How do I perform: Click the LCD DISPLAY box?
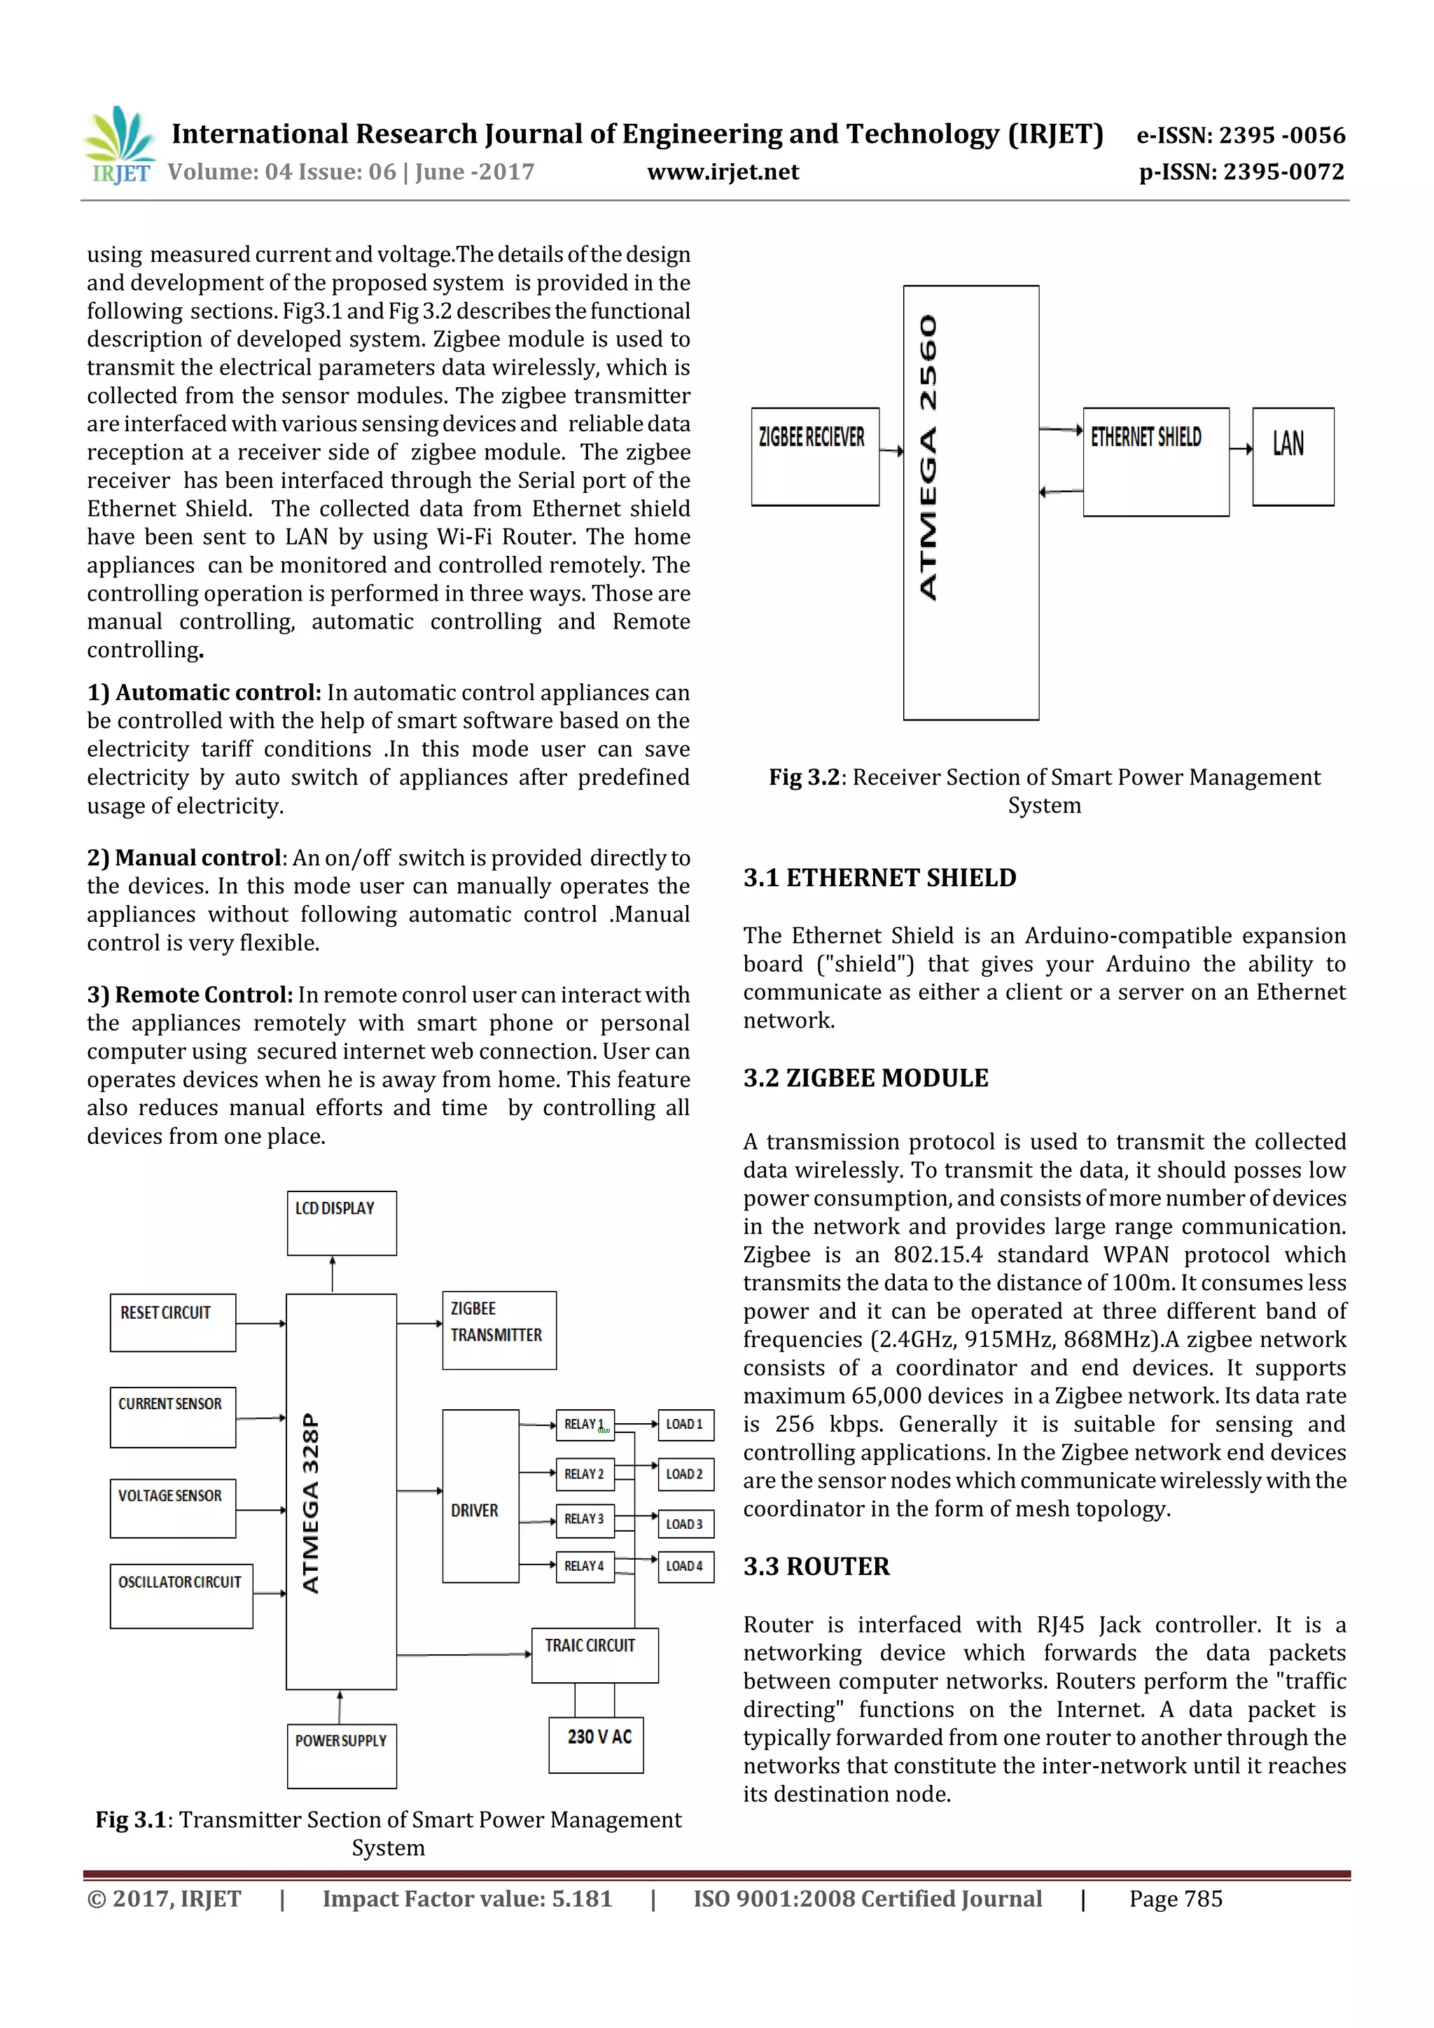[341, 1222]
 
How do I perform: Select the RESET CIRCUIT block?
[172, 1322]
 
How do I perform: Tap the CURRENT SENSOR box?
[172, 1417]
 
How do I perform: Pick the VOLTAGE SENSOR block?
[172, 1508]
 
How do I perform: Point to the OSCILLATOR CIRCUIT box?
[181, 1595]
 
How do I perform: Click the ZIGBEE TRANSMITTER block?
[499, 1329]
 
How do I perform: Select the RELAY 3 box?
[584, 1518]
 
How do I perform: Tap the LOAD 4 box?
[685, 1566]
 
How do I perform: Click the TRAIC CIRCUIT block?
[594, 1654]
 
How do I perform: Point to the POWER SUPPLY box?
[341, 1755]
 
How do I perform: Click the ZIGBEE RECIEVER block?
[814, 456]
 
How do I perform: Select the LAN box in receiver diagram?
[1292, 456]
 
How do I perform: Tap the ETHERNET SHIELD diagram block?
[1155, 461]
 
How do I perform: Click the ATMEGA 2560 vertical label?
[928, 458]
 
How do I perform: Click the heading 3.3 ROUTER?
[816, 1566]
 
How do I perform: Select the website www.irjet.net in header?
[722, 172]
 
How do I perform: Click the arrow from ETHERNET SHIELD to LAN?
[1241, 449]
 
